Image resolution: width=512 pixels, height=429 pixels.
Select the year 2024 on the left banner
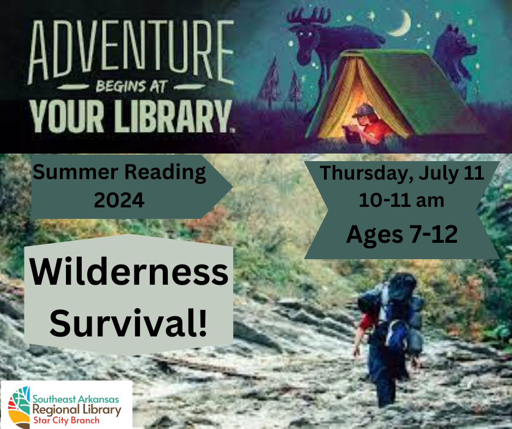tap(119, 200)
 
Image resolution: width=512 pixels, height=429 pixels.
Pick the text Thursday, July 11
tap(401, 173)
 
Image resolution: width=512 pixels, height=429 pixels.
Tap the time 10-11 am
tap(401, 200)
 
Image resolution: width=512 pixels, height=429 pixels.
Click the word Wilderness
tap(129, 274)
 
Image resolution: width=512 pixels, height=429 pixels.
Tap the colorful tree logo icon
tap(19, 406)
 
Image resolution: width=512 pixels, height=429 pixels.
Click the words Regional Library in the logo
tap(77, 409)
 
